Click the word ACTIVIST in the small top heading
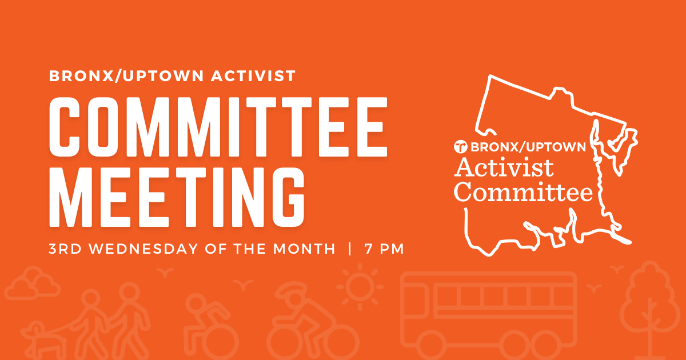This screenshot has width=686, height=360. (253, 76)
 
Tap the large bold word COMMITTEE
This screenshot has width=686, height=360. (218, 127)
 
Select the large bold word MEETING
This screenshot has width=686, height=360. (177, 198)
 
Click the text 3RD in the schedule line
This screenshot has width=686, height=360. (65, 249)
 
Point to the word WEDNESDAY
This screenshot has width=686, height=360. (143, 249)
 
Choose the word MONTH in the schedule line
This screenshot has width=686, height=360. (304, 249)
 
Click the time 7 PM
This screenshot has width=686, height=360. (384, 249)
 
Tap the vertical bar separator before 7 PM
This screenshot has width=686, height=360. (350, 249)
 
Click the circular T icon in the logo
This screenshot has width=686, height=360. (460, 147)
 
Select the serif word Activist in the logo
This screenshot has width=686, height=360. (504, 168)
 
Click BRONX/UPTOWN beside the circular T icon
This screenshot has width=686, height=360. (528, 147)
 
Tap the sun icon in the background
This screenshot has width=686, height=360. (360, 287)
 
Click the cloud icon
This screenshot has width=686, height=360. (33, 283)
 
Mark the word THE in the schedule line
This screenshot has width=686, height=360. (250, 249)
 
